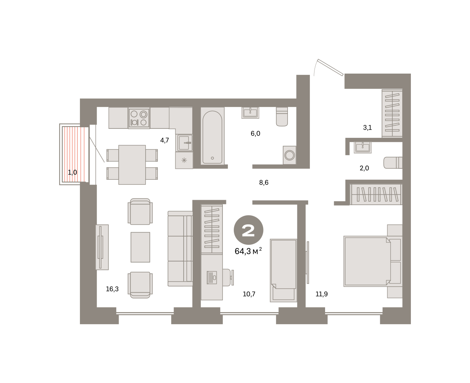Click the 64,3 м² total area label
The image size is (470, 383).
[x=248, y=251]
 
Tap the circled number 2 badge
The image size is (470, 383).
[x=248, y=230]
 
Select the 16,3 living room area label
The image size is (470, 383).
[x=112, y=289]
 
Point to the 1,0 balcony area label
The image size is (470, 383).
[x=72, y=172]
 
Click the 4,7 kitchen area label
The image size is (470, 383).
[x=164, y=140]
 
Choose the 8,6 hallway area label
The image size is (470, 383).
[x=264, y=182]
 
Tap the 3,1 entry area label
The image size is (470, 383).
[x=367, y=127]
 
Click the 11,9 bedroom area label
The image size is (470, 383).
[x=322, y=294]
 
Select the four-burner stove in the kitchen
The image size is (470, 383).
[x=139, y=118]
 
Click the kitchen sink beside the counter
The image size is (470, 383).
[x=184, y=143]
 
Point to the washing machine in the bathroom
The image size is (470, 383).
[x=289, y=155]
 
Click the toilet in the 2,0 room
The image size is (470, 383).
[x=393, y=163]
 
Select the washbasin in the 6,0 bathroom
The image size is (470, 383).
[x=250, y=113]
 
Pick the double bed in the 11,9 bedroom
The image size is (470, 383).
[x=373, y=261]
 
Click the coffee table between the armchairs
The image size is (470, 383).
[x=140, y=247]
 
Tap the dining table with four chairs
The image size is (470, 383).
[x=132, y=164]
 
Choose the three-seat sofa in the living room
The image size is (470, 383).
[x=180, y=249]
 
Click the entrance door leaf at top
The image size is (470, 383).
[x=330, y=67]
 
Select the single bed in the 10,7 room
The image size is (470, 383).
[x=283, y=270]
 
